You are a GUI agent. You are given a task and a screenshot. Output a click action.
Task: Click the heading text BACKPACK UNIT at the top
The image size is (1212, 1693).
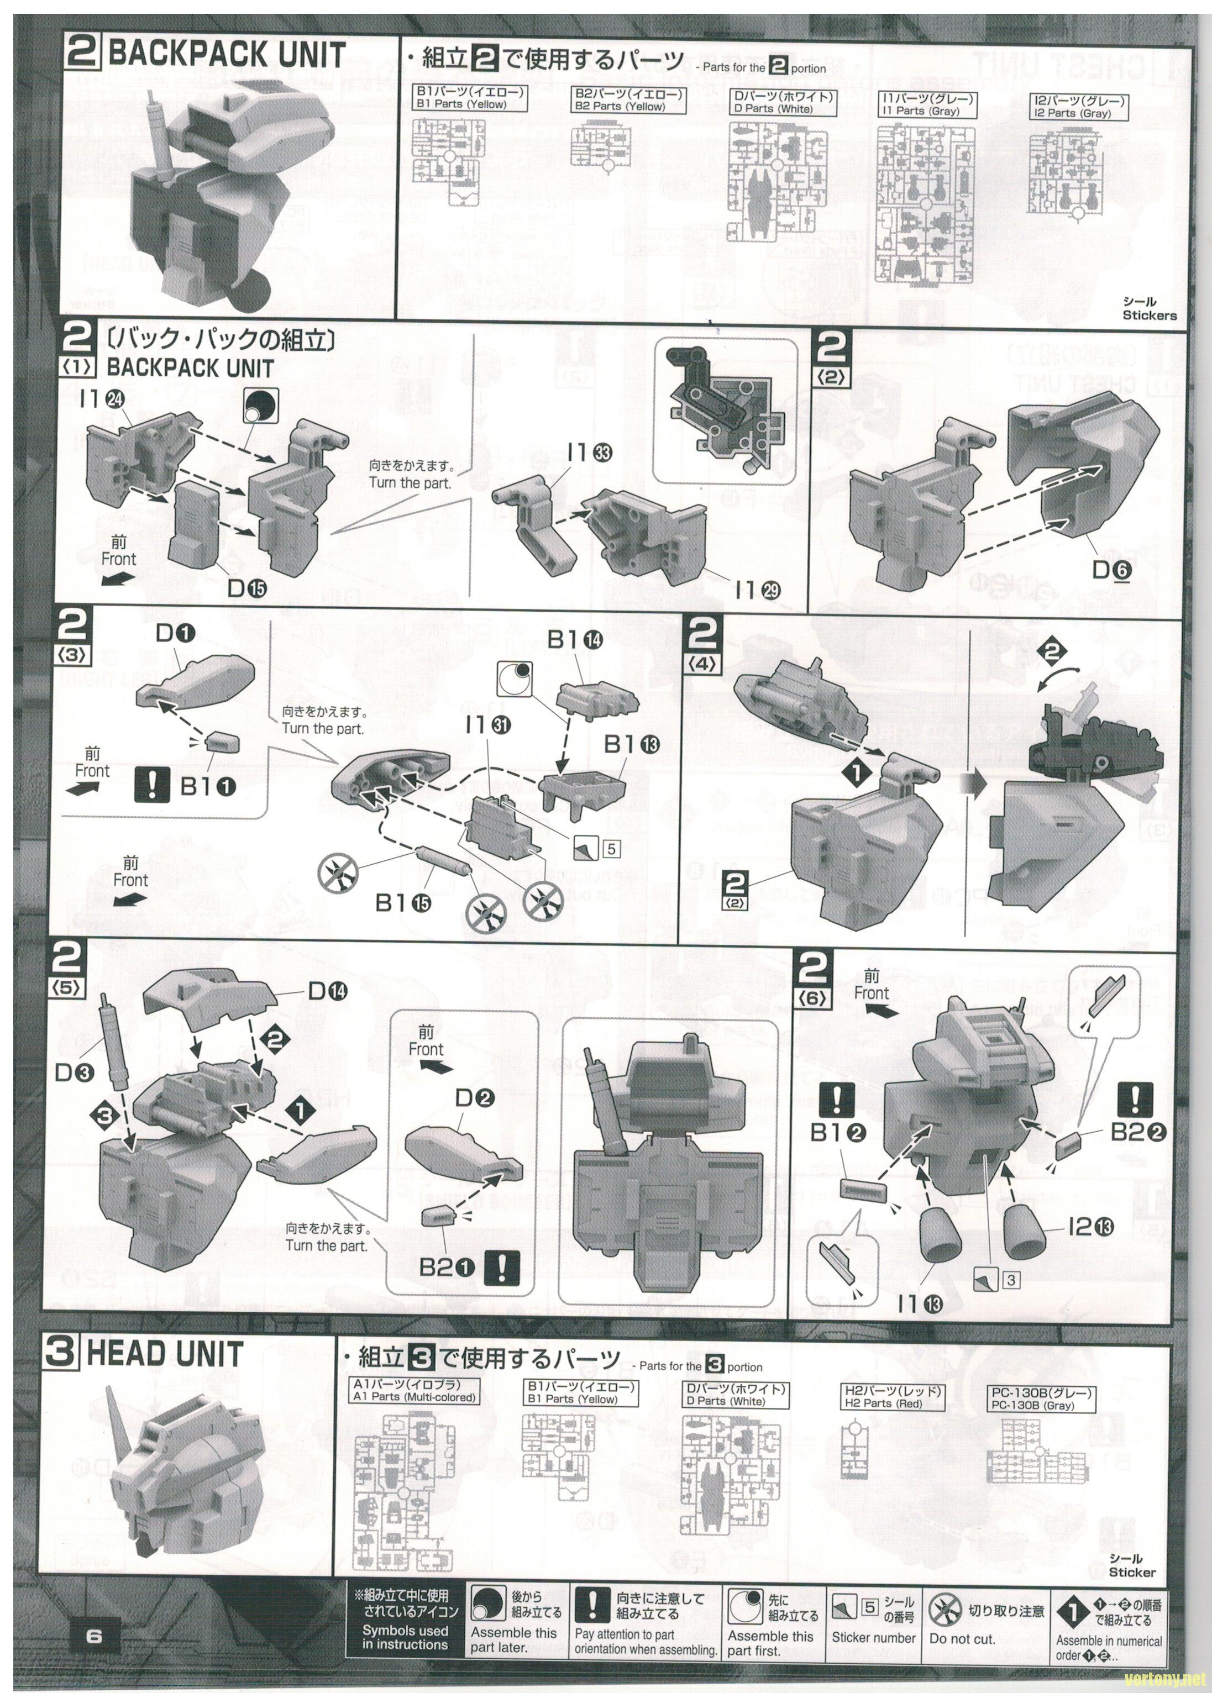click(x=226, y=55)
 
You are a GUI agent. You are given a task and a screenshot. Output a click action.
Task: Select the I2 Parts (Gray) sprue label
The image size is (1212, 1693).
click(x=1079, y=107)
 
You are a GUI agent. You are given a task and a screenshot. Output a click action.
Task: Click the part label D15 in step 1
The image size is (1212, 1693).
click(x=246, y=588)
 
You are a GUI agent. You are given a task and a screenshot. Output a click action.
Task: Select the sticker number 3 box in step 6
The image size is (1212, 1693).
click(x=1010, y=1280)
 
